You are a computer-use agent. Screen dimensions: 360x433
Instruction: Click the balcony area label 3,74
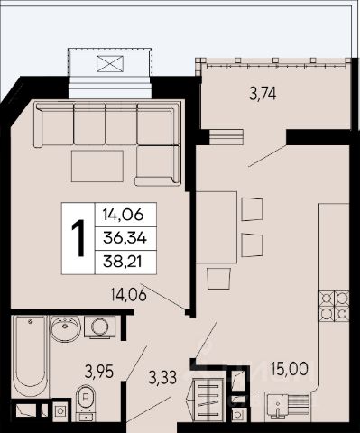click(x=263, y=94)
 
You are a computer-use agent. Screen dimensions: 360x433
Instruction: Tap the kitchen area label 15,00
click(x=290, y=368)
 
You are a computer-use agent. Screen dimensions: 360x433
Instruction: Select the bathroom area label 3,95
click(x=99, y=372)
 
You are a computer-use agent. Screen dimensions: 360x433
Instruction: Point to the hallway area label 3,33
click(x=162, y=377)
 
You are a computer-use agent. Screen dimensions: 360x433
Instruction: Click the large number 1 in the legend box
click(x=78, y=238)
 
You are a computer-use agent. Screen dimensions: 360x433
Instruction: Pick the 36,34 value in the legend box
click(x=125, y=239)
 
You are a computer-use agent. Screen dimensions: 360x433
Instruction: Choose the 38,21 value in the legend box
click(x=123, y=263)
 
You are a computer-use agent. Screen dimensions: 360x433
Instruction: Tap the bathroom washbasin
click(x=65, y=328)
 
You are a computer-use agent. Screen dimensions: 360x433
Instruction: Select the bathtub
click(x=30, y=355)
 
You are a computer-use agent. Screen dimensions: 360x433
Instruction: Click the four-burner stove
click(x=334, y=306)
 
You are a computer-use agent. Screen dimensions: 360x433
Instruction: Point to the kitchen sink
click(x=288, y=407)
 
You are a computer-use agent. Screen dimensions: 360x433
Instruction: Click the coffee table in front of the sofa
click(x=97, y=166)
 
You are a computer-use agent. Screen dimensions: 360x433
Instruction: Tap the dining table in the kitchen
click(x=217, y=227)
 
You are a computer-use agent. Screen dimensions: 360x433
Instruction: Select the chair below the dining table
click(x=218, y=279)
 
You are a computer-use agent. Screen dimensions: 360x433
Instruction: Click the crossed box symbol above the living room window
click(x=110, y=64)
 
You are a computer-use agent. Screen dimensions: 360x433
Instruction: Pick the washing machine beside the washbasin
click(x=100, y=327)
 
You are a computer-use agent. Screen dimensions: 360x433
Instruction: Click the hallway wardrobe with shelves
click(x=208, y=399)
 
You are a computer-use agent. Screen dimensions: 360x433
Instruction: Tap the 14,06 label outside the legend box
click(x=128, y=294)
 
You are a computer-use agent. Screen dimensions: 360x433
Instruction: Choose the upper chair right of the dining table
click(x=252, y=209)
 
